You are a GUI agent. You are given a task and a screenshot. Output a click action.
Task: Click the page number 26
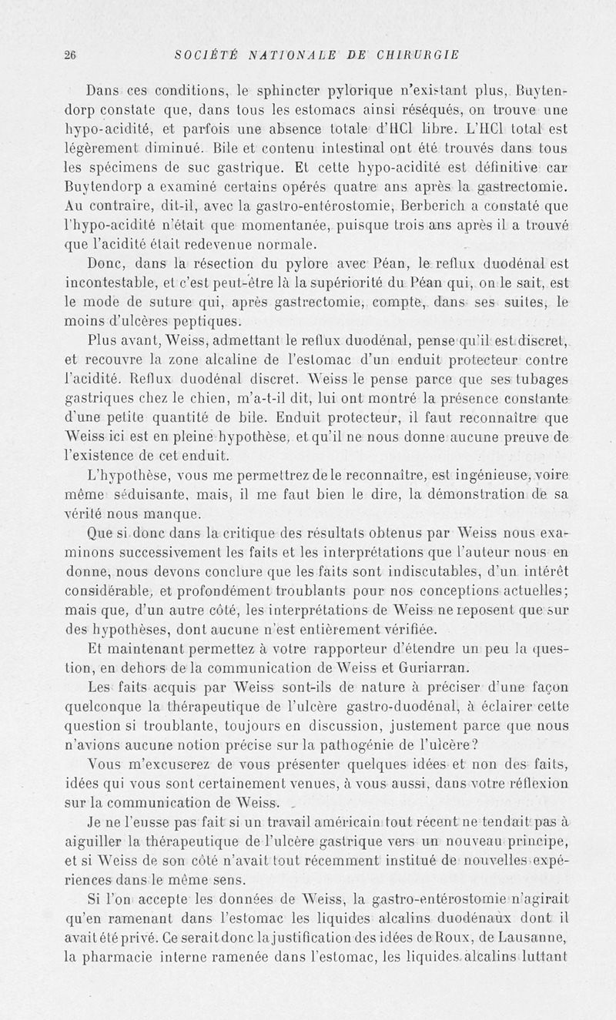tap(70, 54)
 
